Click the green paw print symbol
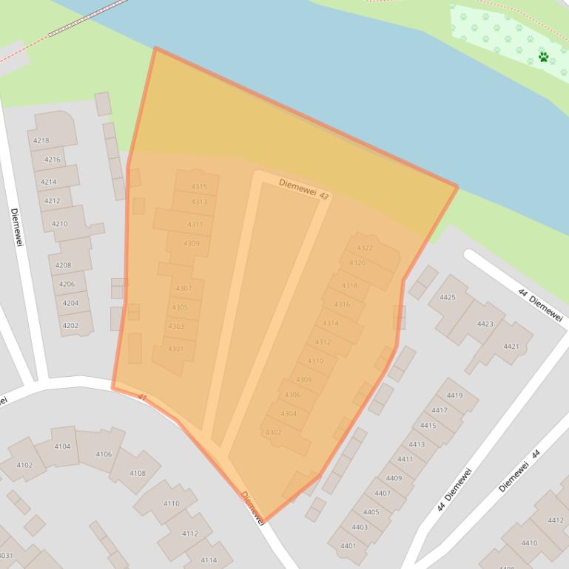(544, 57)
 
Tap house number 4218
(41, 140)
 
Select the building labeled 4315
(199, 187)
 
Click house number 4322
(365, 248)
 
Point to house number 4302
(273, 432)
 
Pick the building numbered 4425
(448, 297)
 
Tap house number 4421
(511, 346)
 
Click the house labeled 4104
(62, 446)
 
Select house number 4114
(209, 559)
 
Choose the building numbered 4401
(348, 546)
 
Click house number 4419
(454, 395)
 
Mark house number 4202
(70, 325)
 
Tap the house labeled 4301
(175, 349)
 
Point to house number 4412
(556, 520)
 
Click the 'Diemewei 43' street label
(303, 188)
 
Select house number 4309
(191, 243)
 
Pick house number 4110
(171, 503)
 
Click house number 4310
(315, 361)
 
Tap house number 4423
(485, 324)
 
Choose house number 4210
(59, 223)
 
